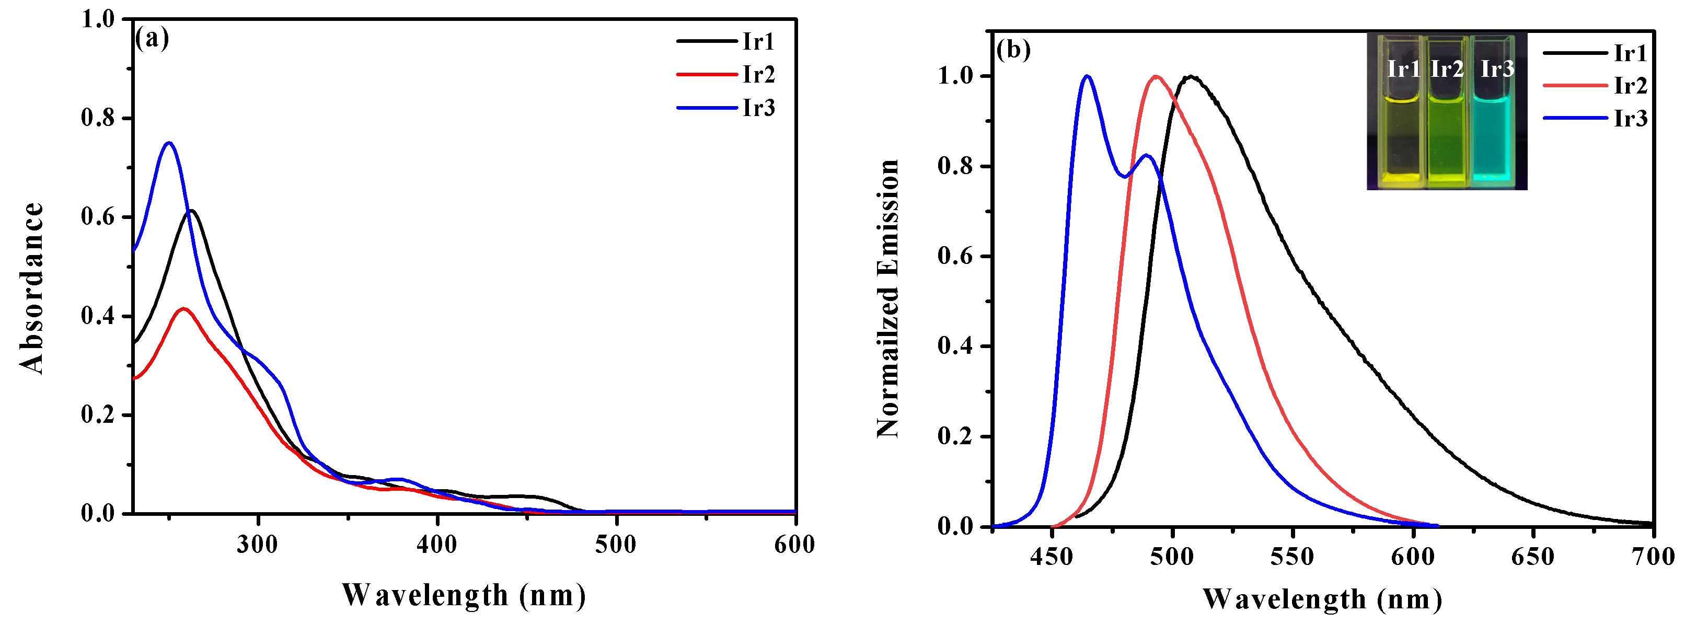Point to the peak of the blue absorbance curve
169,143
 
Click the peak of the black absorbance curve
191,211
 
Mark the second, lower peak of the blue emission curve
1145,156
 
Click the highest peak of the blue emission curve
1087,76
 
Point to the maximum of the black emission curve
1191,76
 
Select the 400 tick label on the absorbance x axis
437,544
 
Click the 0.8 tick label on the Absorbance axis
97,119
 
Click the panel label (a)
152,39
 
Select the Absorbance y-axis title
31,288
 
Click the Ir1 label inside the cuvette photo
1404,68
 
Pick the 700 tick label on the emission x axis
1654,557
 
